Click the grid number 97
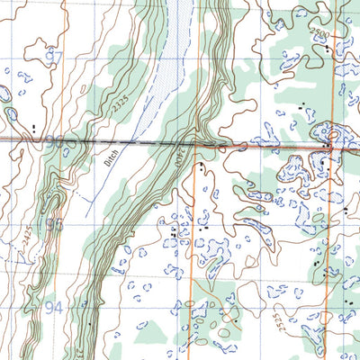(54, 57)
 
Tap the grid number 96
(54, 140)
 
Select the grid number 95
(54, 224)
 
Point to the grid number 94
(54, 307)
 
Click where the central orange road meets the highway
(196, 145)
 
